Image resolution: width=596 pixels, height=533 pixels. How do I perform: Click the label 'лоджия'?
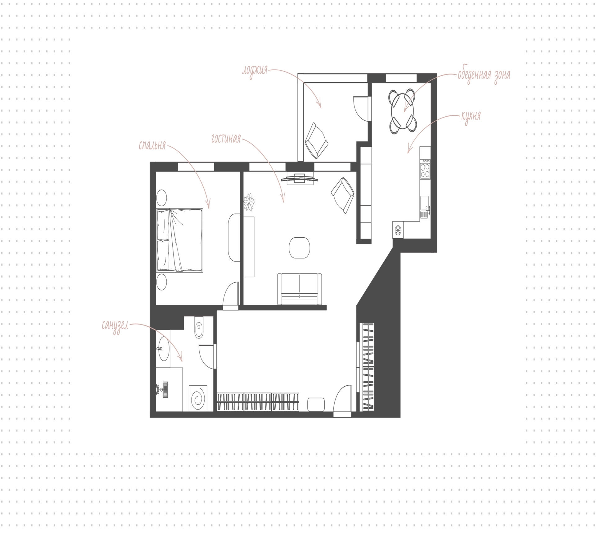(x=255, y=71)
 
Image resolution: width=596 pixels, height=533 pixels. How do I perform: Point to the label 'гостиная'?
(x=226, y=139)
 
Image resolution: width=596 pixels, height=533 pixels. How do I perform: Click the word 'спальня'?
(x=152, y=146)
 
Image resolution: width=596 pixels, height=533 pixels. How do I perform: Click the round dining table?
(x=403, y=111)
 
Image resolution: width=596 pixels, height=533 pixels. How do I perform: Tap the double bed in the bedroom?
(x=179, y=240)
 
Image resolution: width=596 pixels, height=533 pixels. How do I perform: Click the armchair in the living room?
(x=343, y=195)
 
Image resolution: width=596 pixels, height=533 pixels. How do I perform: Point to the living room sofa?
(x=299, y=289)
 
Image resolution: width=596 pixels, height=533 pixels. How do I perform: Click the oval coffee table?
(x=299, y=248)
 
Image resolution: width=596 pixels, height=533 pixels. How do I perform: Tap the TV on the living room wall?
(x=300, y=178)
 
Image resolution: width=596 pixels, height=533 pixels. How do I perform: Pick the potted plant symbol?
(x=249, y=202)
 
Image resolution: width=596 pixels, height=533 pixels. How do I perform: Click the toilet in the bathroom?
(x=199, y=327)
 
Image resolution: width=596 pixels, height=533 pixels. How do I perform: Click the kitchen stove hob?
(x=425, y=169)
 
